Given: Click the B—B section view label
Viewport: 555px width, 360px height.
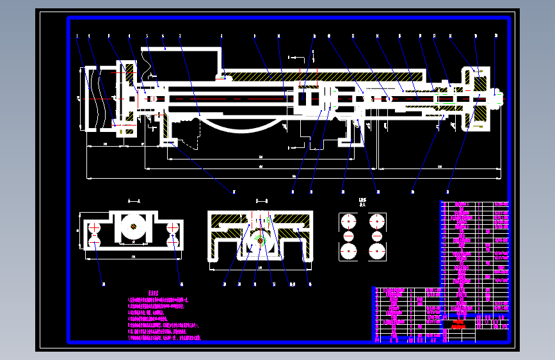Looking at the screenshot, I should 261,201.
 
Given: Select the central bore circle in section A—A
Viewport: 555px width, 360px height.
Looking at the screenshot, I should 134,227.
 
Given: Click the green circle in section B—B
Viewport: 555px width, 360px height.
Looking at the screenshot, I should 260,241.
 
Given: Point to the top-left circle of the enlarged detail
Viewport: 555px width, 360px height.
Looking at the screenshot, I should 348,222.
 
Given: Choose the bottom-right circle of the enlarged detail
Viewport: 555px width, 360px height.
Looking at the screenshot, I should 376,250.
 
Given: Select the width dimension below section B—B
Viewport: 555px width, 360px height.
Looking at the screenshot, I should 260,266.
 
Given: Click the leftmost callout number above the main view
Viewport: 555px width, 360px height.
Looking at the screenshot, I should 77,36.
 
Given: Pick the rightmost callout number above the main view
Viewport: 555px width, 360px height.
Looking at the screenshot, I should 495,36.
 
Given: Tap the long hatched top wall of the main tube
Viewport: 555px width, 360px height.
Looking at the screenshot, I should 320,75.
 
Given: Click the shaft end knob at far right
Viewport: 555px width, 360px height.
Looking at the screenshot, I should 498,97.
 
